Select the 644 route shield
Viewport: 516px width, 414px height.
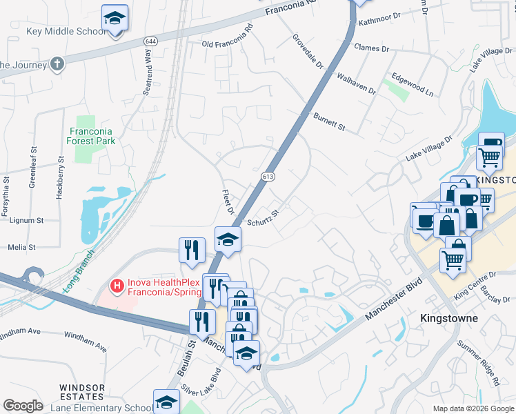point(150,42)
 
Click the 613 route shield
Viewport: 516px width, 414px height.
point(268,177)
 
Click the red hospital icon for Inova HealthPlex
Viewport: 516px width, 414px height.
point(117,284)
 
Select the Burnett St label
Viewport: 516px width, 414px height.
point(328,122)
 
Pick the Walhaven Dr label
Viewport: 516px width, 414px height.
point(355,81)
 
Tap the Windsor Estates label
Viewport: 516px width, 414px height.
point(82,392)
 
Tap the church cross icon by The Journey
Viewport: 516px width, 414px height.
point(57,64)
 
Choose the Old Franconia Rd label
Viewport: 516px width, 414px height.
point(228,43)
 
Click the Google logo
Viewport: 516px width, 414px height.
point(23,406)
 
